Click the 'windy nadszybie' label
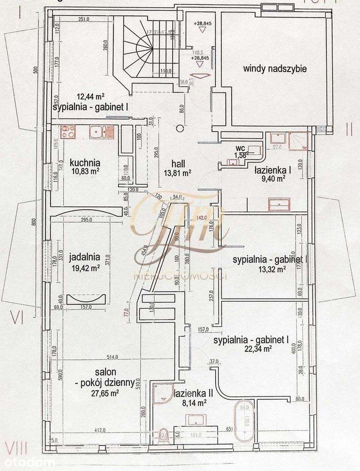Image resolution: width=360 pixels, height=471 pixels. click(x=275, y=69)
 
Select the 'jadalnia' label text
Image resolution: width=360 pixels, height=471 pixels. click(x=84, y=257)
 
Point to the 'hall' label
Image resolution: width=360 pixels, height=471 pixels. click(x=177, y=163)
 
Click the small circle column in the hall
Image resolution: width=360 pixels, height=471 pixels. click(x=179, y=127)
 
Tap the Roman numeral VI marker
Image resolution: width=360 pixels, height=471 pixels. click(x=17, y=318)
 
